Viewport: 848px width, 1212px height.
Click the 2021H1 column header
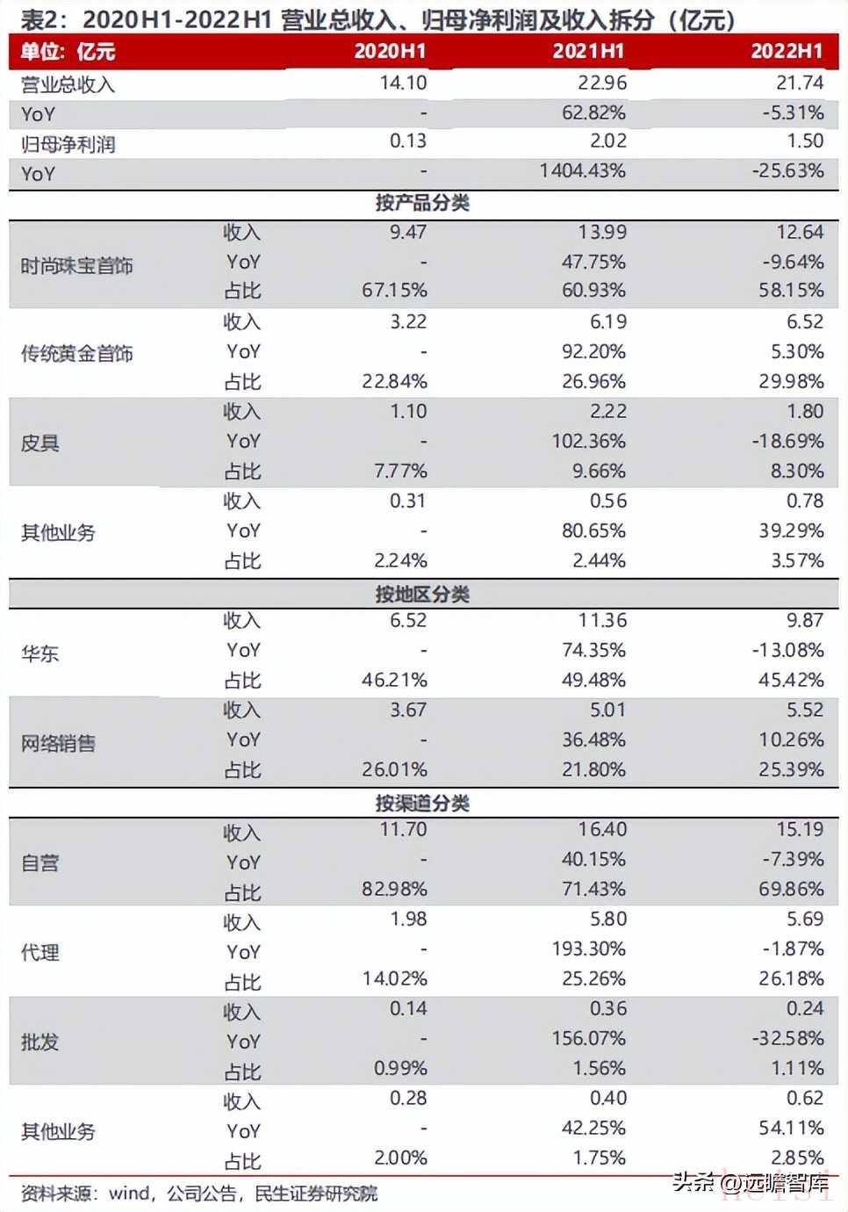[x=588, y=52]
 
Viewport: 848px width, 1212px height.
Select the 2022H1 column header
[x=787, y=52]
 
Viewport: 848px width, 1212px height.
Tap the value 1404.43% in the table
[x=583, y=171]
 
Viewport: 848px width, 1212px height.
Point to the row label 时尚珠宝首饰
[x=77, y=265]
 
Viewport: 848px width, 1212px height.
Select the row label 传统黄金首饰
[x=77, y=354]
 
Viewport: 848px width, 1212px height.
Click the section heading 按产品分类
[x=422, y=204]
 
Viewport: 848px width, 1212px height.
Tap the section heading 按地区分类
[x=422, y=595]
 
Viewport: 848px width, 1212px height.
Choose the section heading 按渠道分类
[x=422, y=804]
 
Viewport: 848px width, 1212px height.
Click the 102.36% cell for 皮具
[x=588, y=442]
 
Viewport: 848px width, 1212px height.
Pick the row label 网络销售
[x=59, y=744]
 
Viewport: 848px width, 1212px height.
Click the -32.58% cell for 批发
[x=787, y=1039]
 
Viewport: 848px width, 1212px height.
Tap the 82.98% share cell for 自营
[x=394, y=890]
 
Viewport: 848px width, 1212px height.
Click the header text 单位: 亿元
[x=68, y=52]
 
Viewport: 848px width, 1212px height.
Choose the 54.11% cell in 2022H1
[x=792, y=1129]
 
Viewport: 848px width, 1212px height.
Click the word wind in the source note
[x=129, y=1194]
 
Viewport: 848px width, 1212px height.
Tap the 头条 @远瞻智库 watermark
[x=751, y=1182]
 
